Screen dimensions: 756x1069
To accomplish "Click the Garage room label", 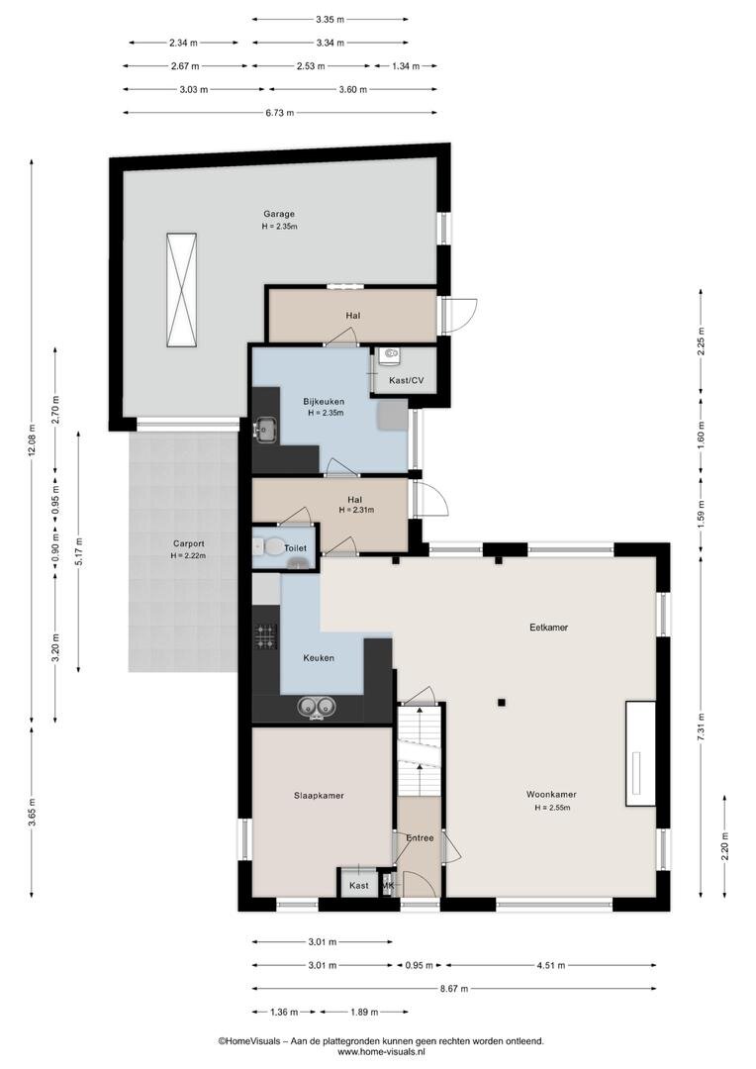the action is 279,214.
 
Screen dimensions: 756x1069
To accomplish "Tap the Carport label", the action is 188,544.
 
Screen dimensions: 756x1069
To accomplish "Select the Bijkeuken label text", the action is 324,402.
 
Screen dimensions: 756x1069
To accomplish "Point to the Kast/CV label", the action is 407,380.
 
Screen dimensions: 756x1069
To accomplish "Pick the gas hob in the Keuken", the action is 265,636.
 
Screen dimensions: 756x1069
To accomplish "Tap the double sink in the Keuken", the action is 318,708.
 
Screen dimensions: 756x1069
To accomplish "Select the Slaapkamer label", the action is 319,796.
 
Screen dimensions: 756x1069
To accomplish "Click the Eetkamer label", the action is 549,628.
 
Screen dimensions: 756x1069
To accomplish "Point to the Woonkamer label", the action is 551,794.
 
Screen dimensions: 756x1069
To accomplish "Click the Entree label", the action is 420,838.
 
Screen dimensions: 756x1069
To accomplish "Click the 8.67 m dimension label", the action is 454,989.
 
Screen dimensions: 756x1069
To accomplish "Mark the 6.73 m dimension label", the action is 279,113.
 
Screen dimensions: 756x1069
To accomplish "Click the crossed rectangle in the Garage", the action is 181,290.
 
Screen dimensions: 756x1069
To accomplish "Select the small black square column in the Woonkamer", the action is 501,702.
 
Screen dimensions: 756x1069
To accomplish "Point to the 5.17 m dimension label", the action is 79,552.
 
